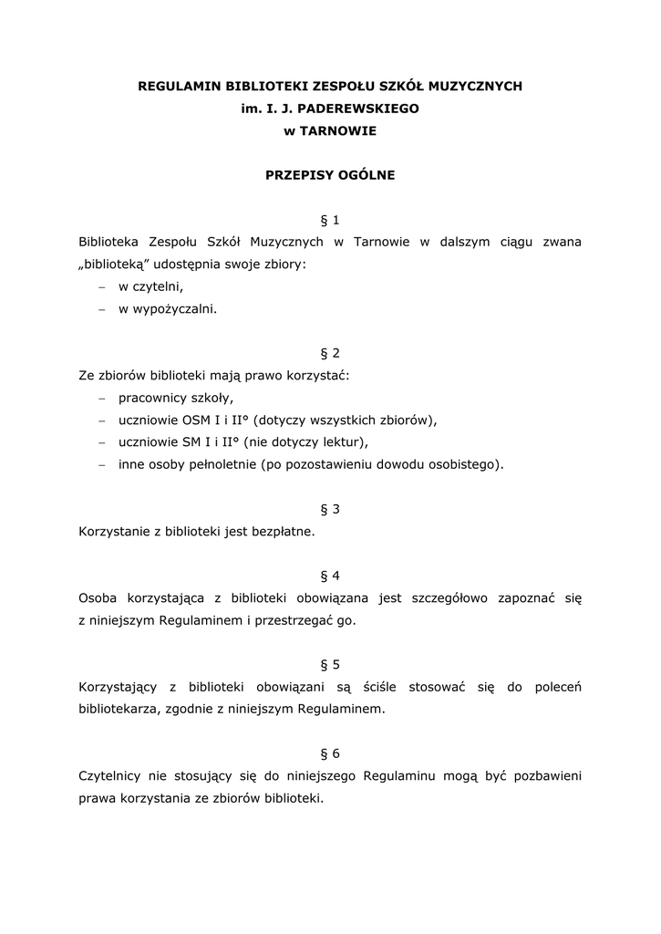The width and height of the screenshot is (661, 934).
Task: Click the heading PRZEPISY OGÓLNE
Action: coord(330,175)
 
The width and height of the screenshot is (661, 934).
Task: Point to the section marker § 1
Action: coord(330,220)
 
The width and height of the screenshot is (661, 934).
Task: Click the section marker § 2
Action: coord(330,353)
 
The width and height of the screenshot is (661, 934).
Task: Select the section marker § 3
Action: coord(330,509)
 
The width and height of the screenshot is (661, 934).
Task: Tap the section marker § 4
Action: coord(330,576)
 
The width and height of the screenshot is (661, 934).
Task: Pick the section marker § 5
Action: coord(330,664)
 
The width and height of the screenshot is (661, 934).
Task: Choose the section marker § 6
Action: coord(330,753)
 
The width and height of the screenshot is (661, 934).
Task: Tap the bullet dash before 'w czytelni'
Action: coord(102,286)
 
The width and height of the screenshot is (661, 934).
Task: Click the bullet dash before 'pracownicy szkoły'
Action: coord(102,398)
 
